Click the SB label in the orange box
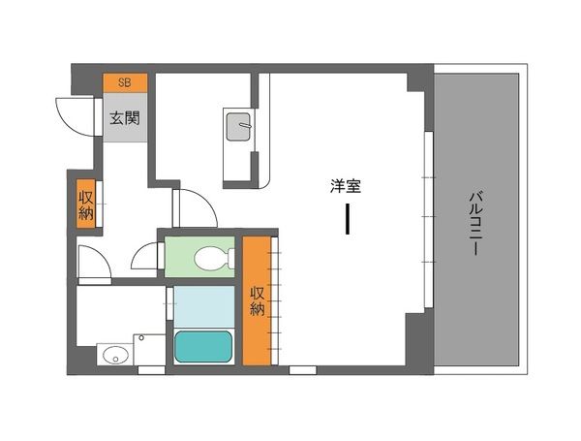[124, 82]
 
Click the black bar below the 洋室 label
[347, 220]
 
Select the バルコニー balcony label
[475, 223]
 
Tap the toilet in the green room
[207, 259]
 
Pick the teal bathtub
[203, 346]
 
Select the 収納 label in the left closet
[86, 202]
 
